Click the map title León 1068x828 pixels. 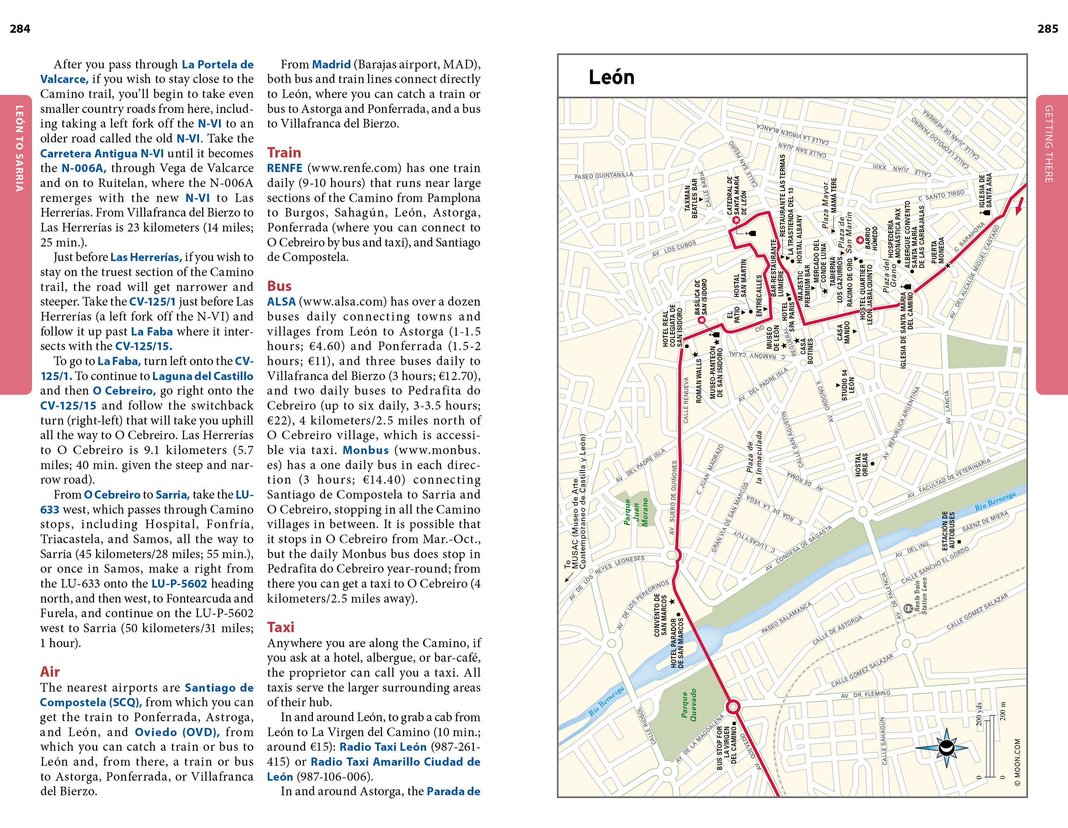click(611, 77)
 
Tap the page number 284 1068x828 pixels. click(20, 29)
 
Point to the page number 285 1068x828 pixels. click(1047, 29)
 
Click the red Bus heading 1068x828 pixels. click(279, 286)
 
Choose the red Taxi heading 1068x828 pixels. click(281, 627)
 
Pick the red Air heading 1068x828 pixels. click(50, 671)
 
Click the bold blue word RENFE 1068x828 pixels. click(285, 168)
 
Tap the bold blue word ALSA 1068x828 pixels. click(281, 302)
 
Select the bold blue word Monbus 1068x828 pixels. click(366, 450)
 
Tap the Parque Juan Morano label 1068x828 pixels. click(636, 512)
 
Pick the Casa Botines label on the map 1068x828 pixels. click(806, 351)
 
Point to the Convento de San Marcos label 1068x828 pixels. click(660, 615)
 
